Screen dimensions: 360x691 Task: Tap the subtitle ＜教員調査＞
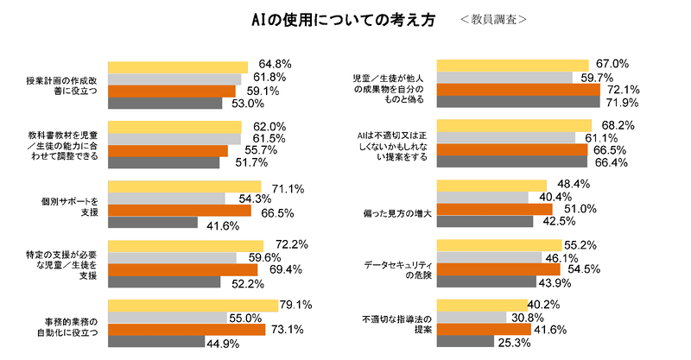click(493, 19)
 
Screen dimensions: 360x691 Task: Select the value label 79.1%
click(295, 305)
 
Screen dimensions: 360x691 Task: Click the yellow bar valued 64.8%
click(177, 66)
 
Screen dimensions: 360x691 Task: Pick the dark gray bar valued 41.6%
click(153, 223)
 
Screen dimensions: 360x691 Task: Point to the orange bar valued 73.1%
click(186, 330)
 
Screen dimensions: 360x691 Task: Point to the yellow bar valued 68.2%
click(515, 125)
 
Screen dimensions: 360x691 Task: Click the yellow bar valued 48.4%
click(492, 185)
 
